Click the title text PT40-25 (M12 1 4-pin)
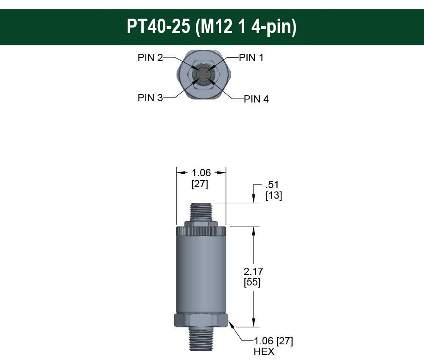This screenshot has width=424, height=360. (x=212, y=26)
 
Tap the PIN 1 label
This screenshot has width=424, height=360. (x=251, y=58)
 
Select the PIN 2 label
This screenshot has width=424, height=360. (x=150, y=58)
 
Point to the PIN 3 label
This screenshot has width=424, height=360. (x=150, y=97)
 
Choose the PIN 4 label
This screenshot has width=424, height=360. (x=256, y=99)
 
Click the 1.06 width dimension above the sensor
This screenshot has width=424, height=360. (x=201, y=173)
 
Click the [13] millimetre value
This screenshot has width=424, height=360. (x=273, y=196)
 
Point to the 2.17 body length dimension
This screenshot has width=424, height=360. (x=254, y=271)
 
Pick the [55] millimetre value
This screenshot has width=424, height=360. (x=252, y=282)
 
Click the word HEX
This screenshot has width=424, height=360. (x=264, y=352)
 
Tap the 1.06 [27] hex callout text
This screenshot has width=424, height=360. (x=273, y=341)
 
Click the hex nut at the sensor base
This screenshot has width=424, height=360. (x=201, y=320)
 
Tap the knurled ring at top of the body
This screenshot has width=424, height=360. (x=201, y=231)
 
